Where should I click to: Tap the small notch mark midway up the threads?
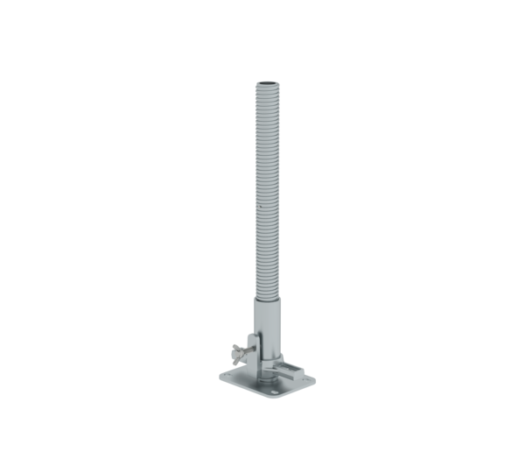(260, 208)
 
